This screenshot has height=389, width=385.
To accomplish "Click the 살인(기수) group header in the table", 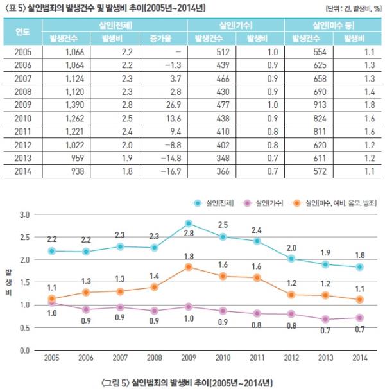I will click(x=236, y=24).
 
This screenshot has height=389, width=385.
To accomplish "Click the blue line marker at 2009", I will click(x=189, y=223).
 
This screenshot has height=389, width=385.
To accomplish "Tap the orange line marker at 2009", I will click(x=189, y=267).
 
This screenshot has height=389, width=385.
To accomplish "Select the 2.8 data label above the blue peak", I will click(x=189, y=233).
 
